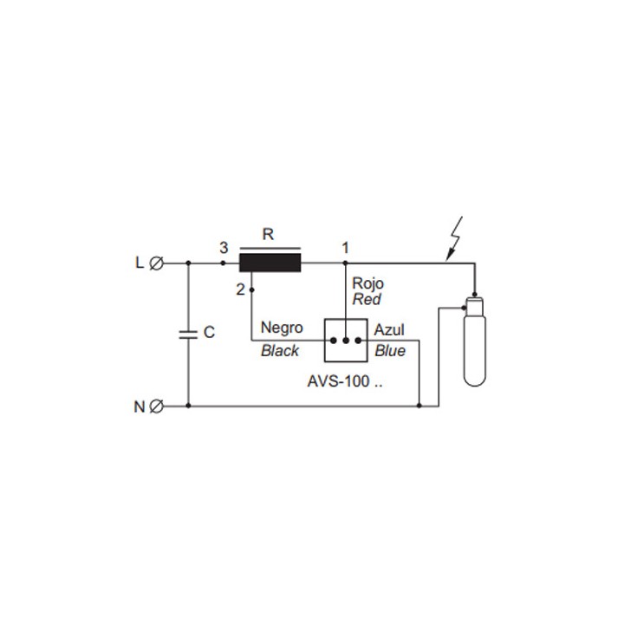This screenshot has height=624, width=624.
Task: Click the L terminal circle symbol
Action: coord(157,263)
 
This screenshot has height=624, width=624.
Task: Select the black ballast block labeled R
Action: coord(270,262)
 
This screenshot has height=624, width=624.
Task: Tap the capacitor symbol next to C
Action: coord(188,334)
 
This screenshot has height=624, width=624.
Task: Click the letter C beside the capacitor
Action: coord(209,333)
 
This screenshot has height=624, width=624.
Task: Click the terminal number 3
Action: coord(224,248)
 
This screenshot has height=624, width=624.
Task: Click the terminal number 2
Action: coord(240,289)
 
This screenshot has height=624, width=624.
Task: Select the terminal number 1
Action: coord(345,248)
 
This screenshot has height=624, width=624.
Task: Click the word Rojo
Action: coord(367,283)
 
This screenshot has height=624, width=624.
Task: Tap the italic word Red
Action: coord(366,300)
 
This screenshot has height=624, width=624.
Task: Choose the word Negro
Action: coord(282,328)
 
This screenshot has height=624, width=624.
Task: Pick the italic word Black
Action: coord(280,350)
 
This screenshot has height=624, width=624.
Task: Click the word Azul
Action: coord(389,330)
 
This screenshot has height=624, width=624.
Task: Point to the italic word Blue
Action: coord(389,350)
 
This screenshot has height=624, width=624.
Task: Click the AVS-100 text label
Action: coord(345,380)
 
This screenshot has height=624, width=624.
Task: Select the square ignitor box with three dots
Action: coord(346,340)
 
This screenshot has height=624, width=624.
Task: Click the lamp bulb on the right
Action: coord(474,343)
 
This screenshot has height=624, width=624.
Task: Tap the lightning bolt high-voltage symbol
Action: coord(455,237)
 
